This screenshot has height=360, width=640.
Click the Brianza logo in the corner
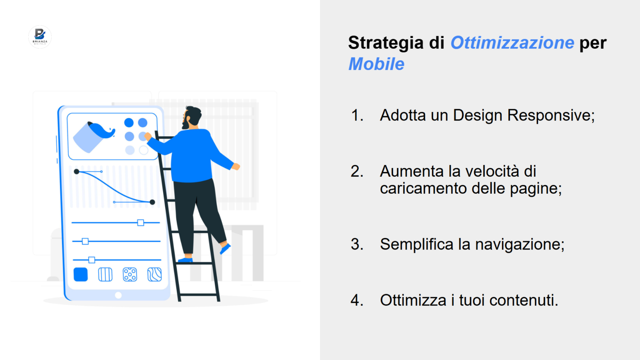(x=40, y=37)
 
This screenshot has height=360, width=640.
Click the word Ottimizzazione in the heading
(x=512, y=43)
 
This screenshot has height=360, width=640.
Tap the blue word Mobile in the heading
(x=376, y=64)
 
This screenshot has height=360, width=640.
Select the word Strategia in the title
(x=386, y=43)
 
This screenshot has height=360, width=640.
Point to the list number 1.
(x=357, y=115)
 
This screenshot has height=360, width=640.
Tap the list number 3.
(x=357, y=244)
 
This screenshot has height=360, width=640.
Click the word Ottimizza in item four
(x=413, y=300)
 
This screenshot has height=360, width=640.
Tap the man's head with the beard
(x=192, y=117)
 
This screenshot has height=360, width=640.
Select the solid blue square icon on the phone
(x=80, y=275)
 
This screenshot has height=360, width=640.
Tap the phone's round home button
(x=118, y=295)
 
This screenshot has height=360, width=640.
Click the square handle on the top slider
(x=141, y=223)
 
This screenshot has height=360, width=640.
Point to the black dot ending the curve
(x=152, y=202)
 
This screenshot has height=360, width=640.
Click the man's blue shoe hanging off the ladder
(x=225, y=248)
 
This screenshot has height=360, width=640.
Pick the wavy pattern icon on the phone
(x=155, y=275)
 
